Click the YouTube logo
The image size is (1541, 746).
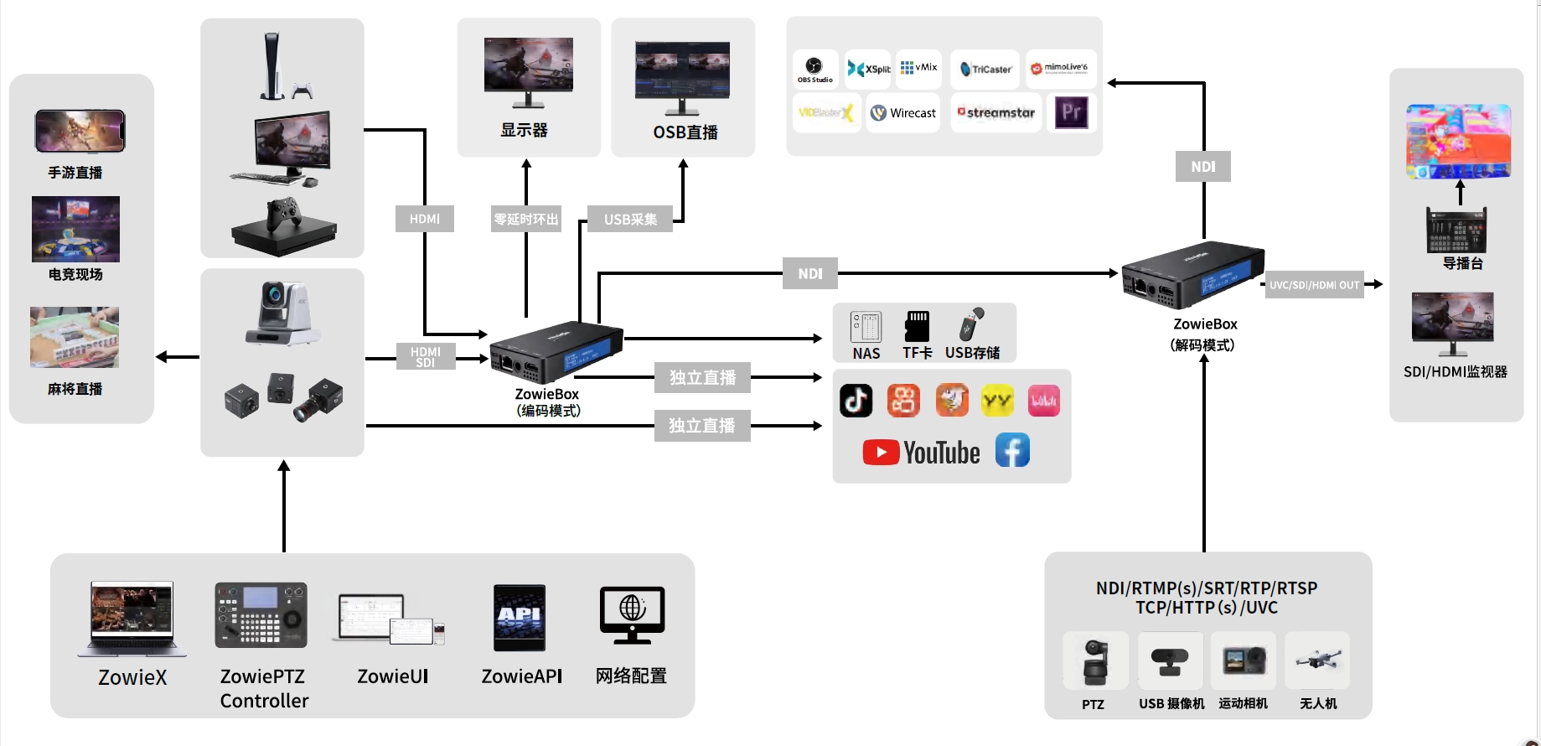pyautogui.click(x=921, y=453)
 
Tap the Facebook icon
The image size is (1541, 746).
pyautogui.click(x=1012, y=451)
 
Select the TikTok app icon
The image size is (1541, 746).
pyautogui.click(x=856, y=401)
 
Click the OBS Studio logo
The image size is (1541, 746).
pyautogui.click(x=814, y=67)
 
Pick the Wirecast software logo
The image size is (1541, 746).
pyautogui.click(x=902, y=113)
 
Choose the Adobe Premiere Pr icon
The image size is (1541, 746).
pyautogui.click(x=1072, y=112)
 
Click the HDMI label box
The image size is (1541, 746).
pyautogui.click(x=425, y=219)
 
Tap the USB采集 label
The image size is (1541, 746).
pyautogui.click(x=630, y=219)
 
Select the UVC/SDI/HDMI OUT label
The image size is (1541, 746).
pyautogui.click(x=1314, y=285)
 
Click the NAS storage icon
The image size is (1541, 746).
pyautogui.click(x=866, y=327)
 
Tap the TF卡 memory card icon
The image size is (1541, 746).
pyautogui.click(x=918, y=326)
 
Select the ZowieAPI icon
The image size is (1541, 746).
pyautogui.click(x=520, y=619)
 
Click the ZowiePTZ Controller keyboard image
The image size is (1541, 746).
pyautogui.click(x=261, y=615)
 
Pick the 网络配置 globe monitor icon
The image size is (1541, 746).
pyautogui.click(x=632, y=614)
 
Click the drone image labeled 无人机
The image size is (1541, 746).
pyautogui.click(x=1318, y=661)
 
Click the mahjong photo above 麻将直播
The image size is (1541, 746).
pyautogui.click(x=75, y=337)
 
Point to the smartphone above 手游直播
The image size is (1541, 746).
pyautogui.click(x=80, y=131)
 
